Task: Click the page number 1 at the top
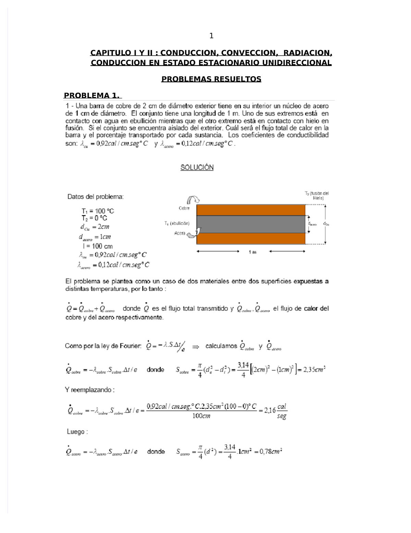pyautogui.click(x=211, y=36)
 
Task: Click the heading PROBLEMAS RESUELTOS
pyautogui.click(x=211, y=79)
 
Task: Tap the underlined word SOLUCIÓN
pyautogui.click(x=197, y=167)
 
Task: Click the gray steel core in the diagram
pyautogui.click(x=250, y=224)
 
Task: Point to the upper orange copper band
pyautogui.click(x=250, y=210)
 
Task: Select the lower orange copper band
pyautogui.click(x=250, y=239)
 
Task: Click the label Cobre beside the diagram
pyautogui.click(x=184, y=208)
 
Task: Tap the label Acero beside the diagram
pyautogui.click(x=179, y=233)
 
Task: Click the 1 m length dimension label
pyautogui.click(x=252, y=252)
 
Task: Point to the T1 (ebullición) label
pyautogui.click(x=177, y=223)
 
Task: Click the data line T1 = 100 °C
pyautogui.click(x=98, y=211)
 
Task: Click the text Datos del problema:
pyautogui.click(x=96, y=197)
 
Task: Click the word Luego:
pyautogui.click(x=77, y=432)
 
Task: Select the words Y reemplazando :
pyautogui.click(x=90, y=390)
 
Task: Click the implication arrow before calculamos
pyautogui.click(x=196, y=347)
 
